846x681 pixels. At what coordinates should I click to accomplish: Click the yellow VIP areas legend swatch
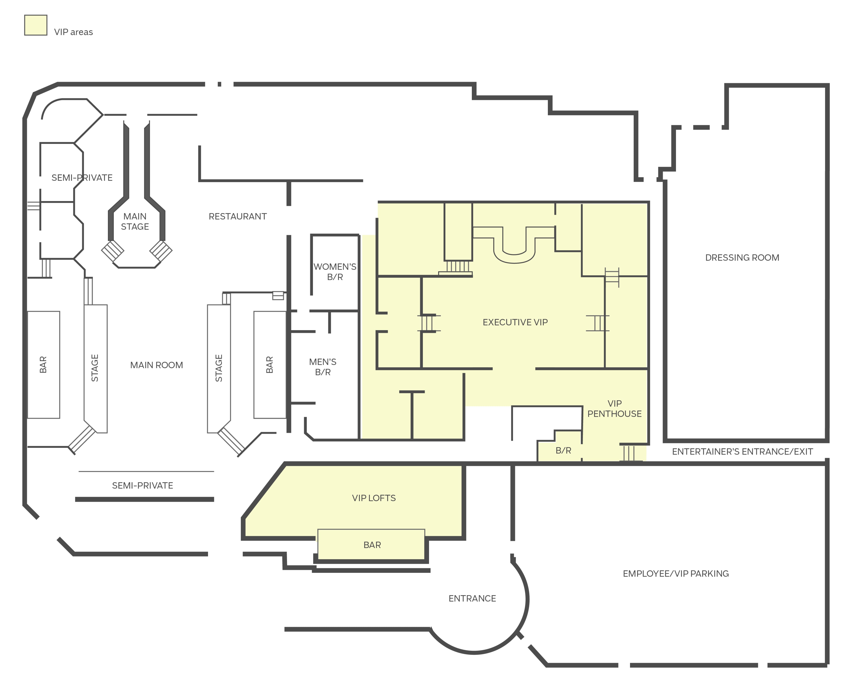coord(36,25)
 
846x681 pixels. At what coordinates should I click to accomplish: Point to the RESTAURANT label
coord(238,217)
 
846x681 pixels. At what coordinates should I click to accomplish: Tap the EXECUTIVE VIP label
coord(515,322)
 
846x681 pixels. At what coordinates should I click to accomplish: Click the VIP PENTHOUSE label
coord(614,409)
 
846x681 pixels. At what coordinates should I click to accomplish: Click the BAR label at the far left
coord(43,365)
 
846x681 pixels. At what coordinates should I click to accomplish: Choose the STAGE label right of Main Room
coord(219,368)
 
